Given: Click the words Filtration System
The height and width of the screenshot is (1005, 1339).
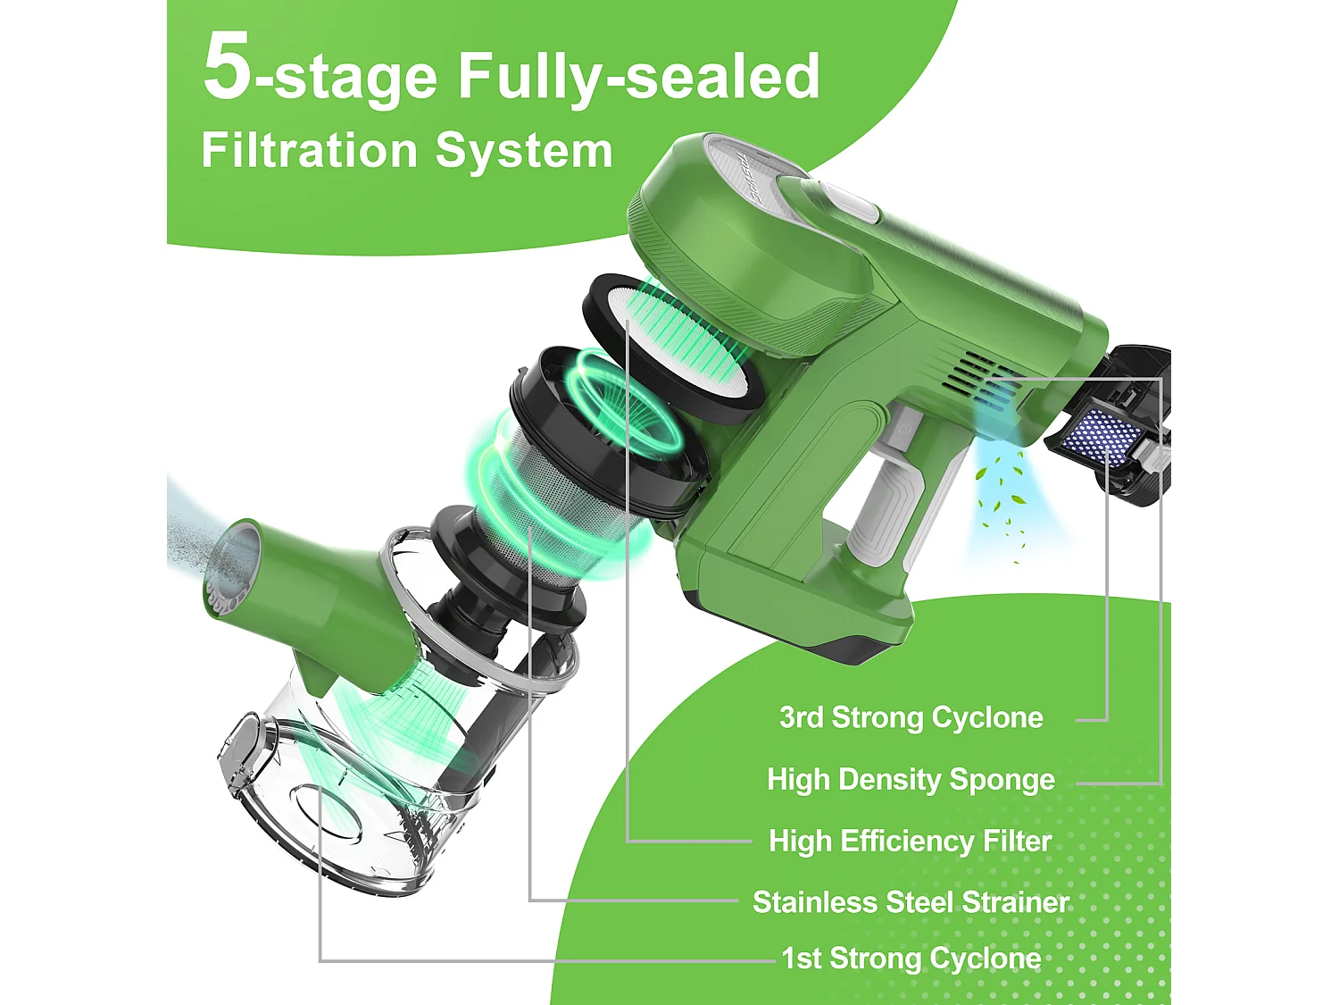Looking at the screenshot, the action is (407, 151).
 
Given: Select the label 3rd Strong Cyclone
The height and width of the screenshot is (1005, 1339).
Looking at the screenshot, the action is (911, 717).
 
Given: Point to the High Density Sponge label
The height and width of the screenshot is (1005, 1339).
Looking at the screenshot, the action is (911, 779).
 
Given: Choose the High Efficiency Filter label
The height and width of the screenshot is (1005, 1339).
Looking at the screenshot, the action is (911, 842).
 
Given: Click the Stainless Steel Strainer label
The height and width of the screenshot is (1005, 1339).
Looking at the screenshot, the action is (911, 902).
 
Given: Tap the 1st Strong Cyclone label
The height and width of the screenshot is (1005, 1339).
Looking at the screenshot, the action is (911, 959).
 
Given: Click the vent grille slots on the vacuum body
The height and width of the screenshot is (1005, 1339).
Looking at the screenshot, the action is (982, 378).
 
